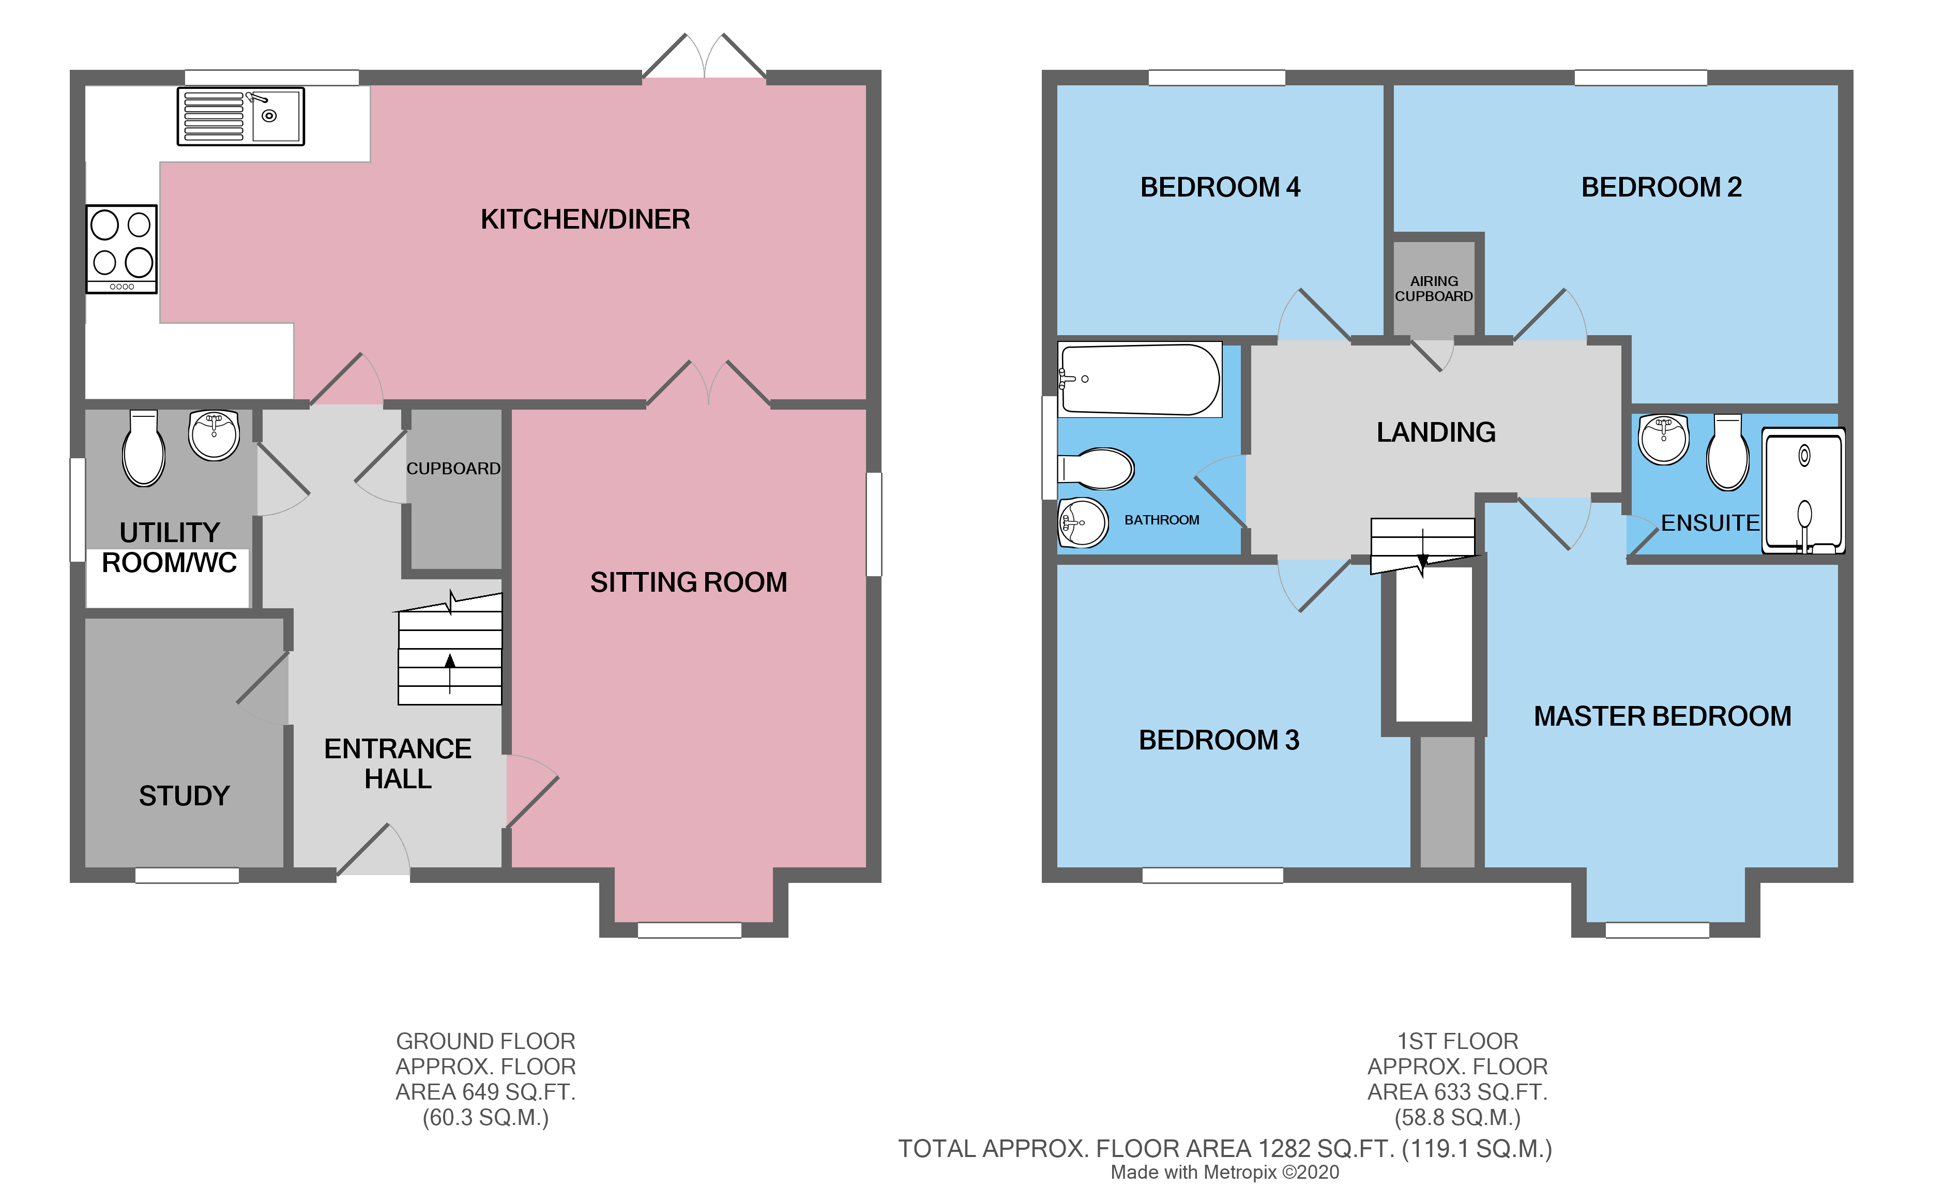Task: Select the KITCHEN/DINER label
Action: coord(585,219)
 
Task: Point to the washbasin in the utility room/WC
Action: coord(214,435)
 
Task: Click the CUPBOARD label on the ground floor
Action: coord(453,469)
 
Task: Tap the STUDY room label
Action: coord(184,795)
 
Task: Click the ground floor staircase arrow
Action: coord(450,671)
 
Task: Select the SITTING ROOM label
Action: coord(688,582)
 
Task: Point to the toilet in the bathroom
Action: coord(1097,469)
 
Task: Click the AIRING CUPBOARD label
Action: coord(1434,289)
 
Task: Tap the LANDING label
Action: coord(1435,432)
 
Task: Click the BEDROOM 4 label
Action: coord(1220,188)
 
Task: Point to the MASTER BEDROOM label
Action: coord(1662,716)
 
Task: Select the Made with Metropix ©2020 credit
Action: coord(1224,1173)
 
